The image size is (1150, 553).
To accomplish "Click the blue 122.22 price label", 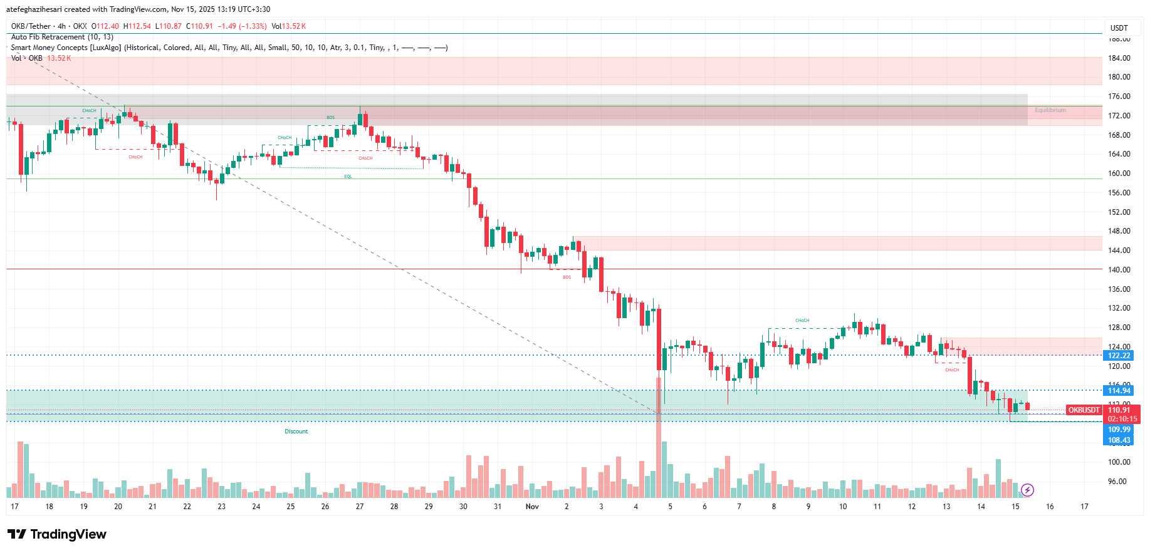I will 1119,356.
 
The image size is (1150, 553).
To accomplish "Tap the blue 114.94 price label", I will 1119,391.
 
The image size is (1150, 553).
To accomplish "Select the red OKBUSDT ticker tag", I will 1084,410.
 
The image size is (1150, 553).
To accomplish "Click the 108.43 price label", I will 1119,440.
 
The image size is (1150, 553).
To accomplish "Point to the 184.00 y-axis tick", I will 1119,58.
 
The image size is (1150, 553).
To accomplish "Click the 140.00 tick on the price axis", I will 1119,270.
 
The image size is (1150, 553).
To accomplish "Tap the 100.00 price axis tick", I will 1119,462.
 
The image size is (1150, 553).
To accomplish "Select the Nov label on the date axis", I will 532,507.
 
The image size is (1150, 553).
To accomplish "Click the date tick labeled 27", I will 360,507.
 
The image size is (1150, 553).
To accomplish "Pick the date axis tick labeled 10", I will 842,507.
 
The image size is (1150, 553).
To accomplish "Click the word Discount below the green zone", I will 296,432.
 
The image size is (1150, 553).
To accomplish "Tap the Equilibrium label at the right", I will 1050,110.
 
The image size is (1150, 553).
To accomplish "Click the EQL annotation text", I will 348,177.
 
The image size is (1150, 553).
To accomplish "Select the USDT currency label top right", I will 1119,28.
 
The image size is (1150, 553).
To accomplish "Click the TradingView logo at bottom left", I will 57,534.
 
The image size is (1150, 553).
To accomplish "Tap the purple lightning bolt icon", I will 1027,490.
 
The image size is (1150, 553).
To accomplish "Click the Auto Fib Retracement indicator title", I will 62,37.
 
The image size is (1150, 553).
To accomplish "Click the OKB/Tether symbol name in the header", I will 31,26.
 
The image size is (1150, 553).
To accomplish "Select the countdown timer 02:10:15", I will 1122,419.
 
